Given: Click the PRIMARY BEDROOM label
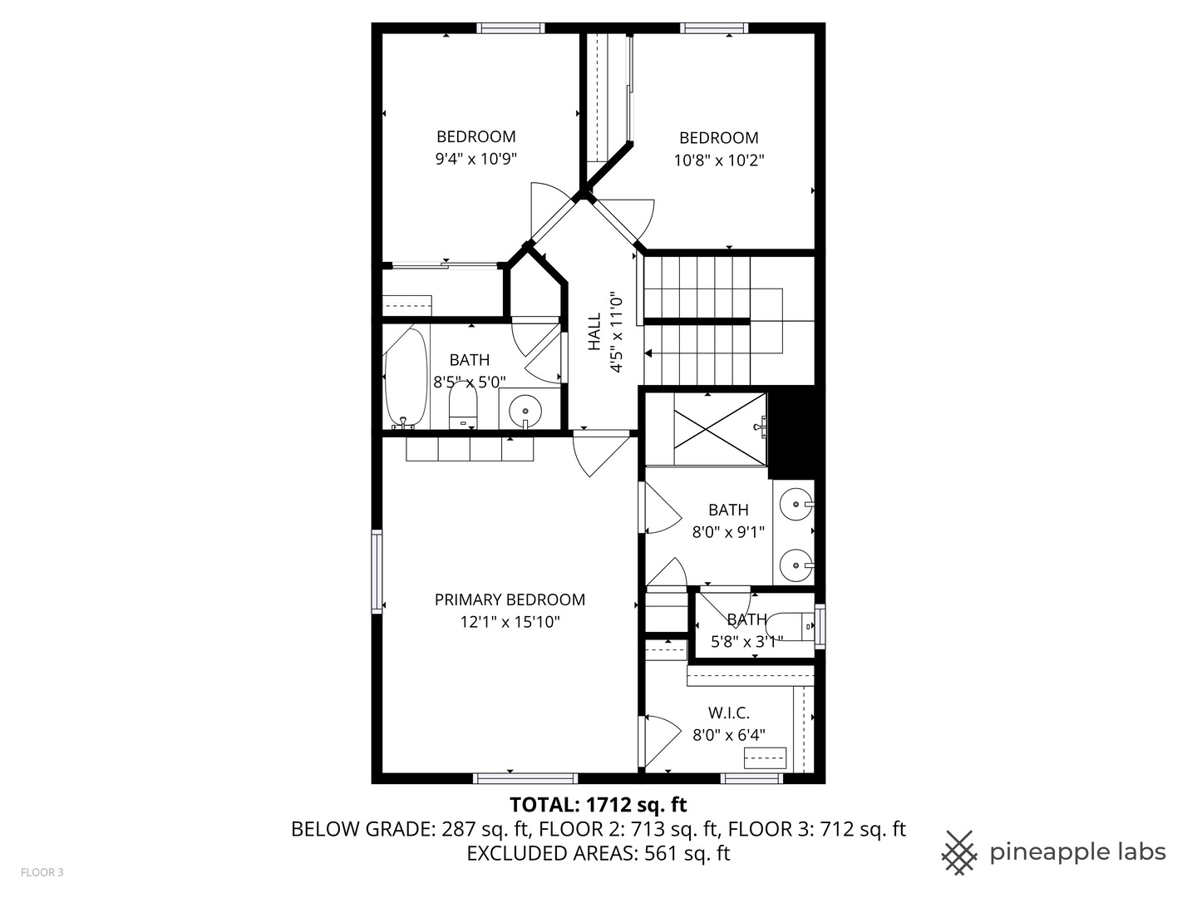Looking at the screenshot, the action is [x=510, y=599].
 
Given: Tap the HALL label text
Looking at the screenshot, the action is [x=594, y=331].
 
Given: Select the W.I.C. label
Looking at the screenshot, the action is [x=728, y=713].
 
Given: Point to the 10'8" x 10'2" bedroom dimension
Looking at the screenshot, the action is [x=719, y=160].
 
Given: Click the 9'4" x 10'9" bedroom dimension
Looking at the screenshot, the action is [x=475, y=159].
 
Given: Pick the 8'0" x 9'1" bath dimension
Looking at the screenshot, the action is [x=728, y=531].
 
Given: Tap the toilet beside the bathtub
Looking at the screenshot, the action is [x=462, y=406].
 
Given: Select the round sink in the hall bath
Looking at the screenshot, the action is [x=525, y=411].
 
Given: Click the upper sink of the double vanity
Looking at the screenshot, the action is [x=796, y=505].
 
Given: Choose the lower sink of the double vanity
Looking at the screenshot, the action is [x=796, y=566].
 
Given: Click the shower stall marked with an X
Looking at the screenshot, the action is [x=720, y=429].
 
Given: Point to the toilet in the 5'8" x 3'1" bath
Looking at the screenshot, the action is [x=790, y=626].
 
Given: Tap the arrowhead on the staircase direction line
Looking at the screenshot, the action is [x=648, y=354].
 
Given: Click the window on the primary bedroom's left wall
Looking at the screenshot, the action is [x=377, y=571].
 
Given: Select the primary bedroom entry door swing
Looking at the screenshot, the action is [x=601, y=453].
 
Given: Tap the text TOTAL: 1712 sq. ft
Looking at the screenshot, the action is [x=598, y=805].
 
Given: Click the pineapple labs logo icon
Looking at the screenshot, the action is [x=959, y=852].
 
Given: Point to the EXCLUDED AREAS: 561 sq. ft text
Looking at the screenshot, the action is [x=598, y=853].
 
